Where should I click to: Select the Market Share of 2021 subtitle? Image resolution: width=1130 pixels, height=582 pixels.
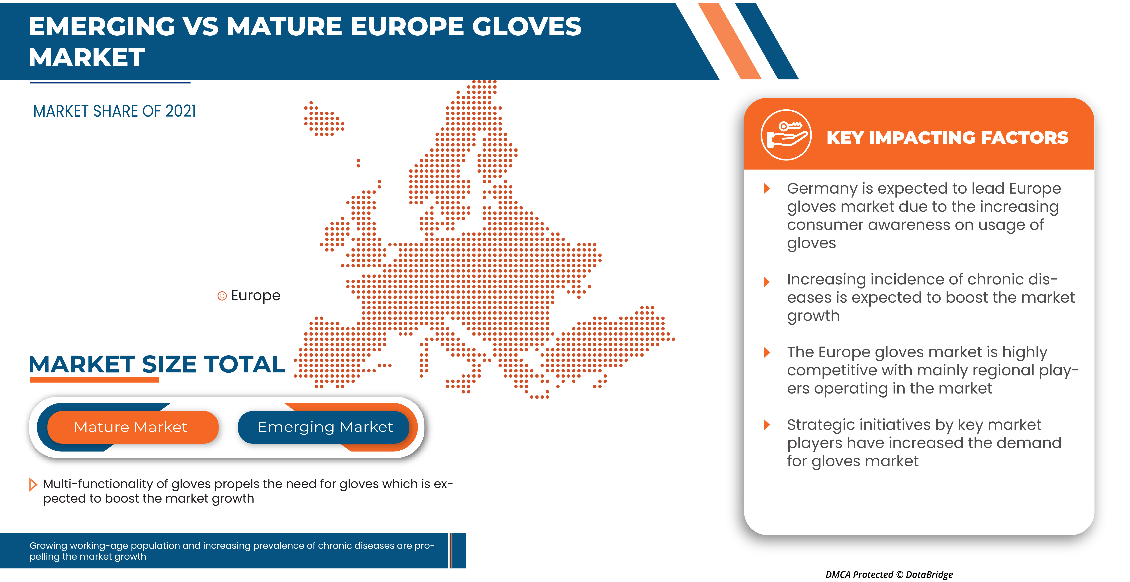[x=114, y=111]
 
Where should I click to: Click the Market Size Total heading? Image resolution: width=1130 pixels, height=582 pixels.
[x=157, y=364]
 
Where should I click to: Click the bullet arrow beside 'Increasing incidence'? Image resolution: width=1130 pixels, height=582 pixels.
[x=767, y=281]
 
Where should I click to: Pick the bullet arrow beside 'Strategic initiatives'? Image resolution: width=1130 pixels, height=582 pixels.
[x=767, y=424]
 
